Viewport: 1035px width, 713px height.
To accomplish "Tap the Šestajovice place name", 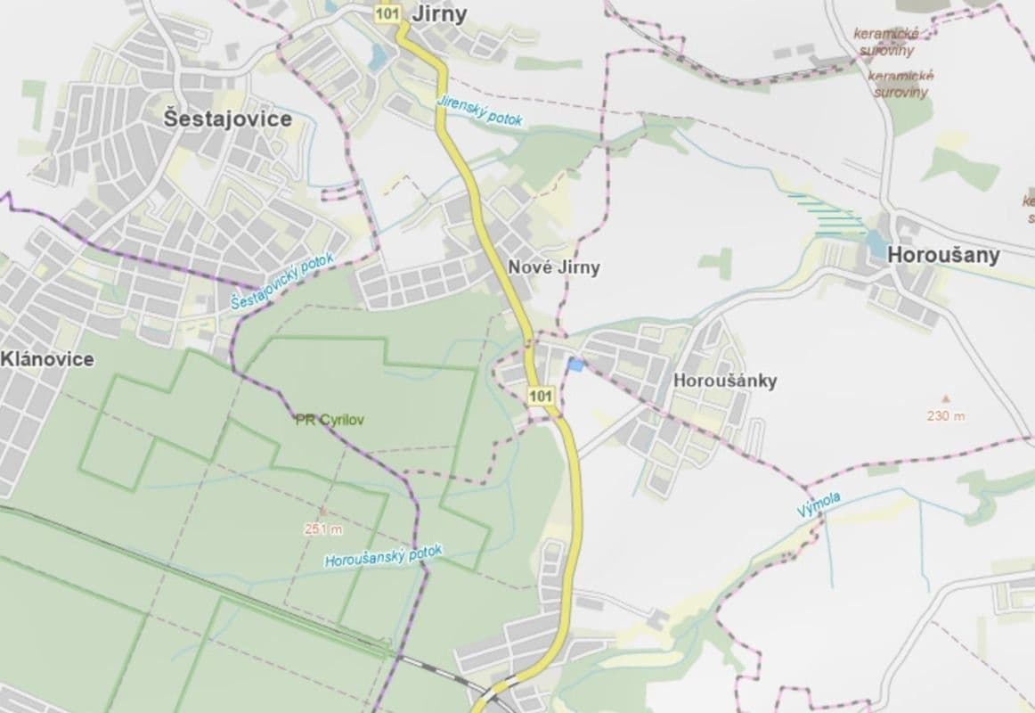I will pos(228,119).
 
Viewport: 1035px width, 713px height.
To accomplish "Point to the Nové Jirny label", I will pos(553,266).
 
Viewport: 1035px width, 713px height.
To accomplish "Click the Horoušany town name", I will pos(943,255).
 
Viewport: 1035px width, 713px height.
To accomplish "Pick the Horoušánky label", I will pos(726,381).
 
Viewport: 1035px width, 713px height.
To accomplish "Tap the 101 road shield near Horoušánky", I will pos(541,394).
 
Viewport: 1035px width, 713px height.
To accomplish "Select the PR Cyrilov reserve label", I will pos(330,419).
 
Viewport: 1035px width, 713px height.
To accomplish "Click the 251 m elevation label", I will pos(323,529).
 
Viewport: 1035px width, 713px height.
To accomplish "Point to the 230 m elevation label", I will pos(946,415).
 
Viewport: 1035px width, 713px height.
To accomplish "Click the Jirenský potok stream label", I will pos(478,111).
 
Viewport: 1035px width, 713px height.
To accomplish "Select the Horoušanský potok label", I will pos(383,558).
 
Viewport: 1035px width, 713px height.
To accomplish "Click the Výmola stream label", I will pos(819,504).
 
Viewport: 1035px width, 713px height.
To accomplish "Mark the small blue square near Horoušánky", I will pos(575,365).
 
